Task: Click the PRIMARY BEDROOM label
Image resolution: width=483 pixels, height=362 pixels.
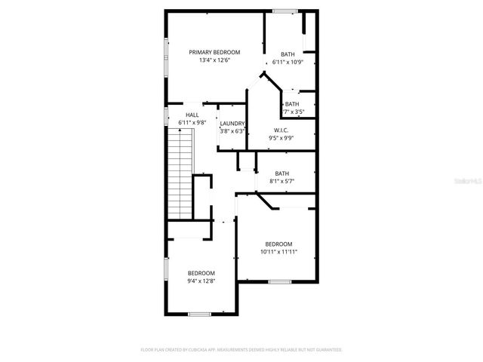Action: pos(214,52)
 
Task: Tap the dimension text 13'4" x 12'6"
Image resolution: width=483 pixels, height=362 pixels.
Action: pos(214,60)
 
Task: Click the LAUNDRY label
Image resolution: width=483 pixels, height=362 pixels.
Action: pos(232,123)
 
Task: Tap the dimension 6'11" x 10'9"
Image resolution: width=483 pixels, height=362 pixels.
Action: pos(288,63)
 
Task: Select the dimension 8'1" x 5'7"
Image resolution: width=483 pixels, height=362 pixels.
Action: pos(281,181)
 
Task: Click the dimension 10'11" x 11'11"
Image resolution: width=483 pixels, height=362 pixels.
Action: pos(278,253)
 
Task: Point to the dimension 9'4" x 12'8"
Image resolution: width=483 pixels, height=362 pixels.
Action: pos(202,281)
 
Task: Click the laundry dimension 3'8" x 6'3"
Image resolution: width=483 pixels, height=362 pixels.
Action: pos(232,131)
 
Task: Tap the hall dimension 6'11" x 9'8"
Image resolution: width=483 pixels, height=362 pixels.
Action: pos(192,122)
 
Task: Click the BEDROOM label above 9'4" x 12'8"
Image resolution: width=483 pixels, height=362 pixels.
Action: pos(202,273)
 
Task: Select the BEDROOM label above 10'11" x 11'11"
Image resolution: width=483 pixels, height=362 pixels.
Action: pos(278,244)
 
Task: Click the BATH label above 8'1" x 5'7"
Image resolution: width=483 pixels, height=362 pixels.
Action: pos(281,173)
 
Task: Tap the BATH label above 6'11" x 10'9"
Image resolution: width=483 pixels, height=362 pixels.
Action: pos(288,54)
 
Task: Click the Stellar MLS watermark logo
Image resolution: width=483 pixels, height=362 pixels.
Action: pos(465,182)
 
